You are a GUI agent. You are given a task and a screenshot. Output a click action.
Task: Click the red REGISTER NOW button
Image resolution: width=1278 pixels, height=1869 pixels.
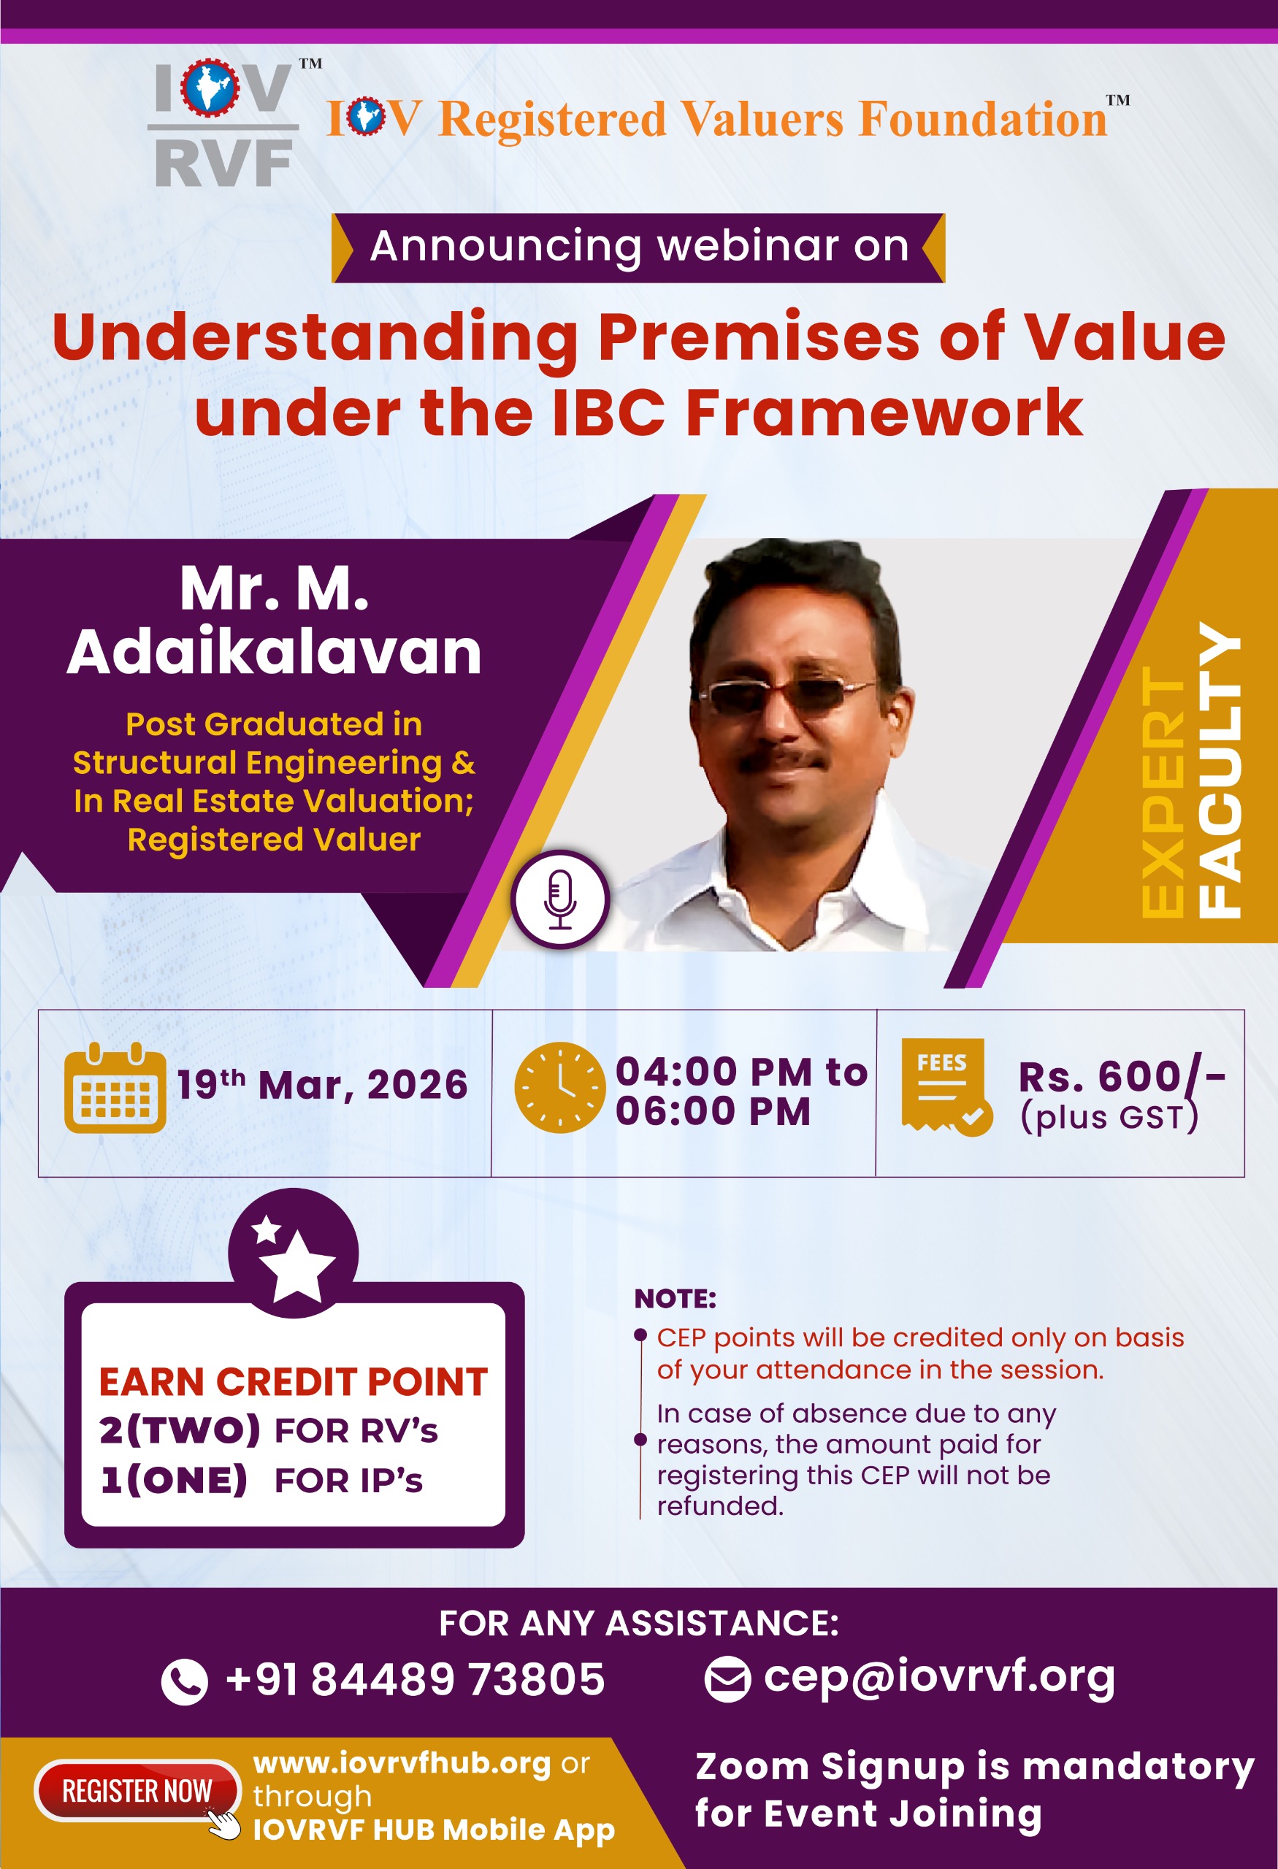coord(137,1791)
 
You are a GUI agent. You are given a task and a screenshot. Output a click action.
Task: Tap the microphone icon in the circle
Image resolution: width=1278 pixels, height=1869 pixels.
coord(560,899)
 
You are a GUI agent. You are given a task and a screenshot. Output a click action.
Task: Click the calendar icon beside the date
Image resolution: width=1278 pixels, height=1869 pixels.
coord(115,1087)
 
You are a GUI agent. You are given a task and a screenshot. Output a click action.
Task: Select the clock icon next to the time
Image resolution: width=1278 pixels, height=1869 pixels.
coord(560,1087)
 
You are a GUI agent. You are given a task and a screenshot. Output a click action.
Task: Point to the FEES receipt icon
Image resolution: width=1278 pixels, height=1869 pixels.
coord(946,1086)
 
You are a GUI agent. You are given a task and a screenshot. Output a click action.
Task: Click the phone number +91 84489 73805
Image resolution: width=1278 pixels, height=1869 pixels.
coord(415,1679)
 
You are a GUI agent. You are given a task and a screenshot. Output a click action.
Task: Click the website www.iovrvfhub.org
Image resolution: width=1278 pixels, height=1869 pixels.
coord(402,1763)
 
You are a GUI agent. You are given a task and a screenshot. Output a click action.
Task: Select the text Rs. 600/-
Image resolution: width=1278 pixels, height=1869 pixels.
coord(1122,1077)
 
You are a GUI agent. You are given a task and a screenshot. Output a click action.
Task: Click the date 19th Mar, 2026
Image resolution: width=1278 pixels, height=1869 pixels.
coord(322,1084)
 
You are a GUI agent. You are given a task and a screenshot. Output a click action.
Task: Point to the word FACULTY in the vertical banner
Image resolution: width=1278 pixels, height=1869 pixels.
coord(1220,770)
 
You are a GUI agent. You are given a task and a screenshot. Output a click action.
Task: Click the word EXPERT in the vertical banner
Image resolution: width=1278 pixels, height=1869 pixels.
coord(1163,792)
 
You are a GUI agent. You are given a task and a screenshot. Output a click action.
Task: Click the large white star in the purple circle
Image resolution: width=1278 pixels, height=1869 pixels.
coord(297,1266)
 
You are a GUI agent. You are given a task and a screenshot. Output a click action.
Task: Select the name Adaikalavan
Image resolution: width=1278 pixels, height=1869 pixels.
coord(275,651)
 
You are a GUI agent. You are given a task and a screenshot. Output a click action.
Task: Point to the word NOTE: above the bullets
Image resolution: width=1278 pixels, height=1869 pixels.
coord(675,1299)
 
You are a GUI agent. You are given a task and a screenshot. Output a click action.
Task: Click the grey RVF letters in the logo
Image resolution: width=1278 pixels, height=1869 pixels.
coord(223,164)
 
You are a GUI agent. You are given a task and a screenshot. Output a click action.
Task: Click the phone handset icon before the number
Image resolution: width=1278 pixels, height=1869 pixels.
coord(184,1681)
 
